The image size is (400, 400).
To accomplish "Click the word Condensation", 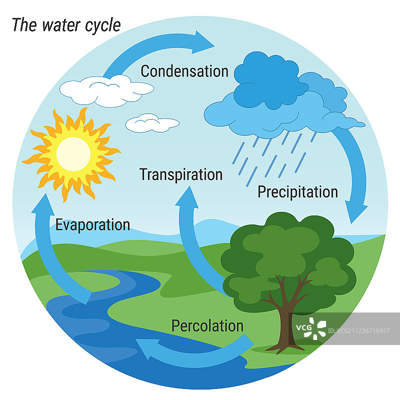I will pos(184,71).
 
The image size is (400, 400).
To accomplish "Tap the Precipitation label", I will pos(297,192).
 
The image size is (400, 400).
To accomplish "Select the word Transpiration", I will pos(180,174).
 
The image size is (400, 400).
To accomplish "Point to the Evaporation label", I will pos(92,224).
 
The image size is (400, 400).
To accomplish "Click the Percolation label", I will pos(207,326).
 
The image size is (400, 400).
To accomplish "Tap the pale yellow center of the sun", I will pos(73,153).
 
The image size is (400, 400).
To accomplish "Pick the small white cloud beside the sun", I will pos(151,122).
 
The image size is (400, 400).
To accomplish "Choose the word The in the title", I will pos(22,25).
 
